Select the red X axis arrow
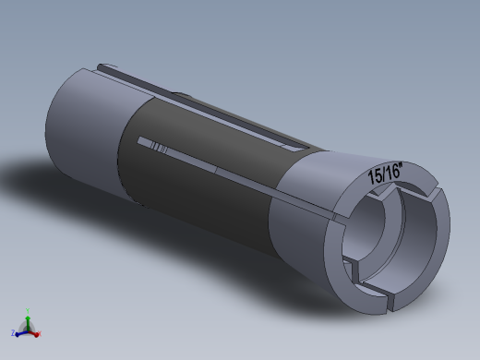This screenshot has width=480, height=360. [x=37, y=330]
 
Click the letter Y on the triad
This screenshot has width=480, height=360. [x=28, y=309]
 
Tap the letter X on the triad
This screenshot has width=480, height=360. [x=42, y=331]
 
